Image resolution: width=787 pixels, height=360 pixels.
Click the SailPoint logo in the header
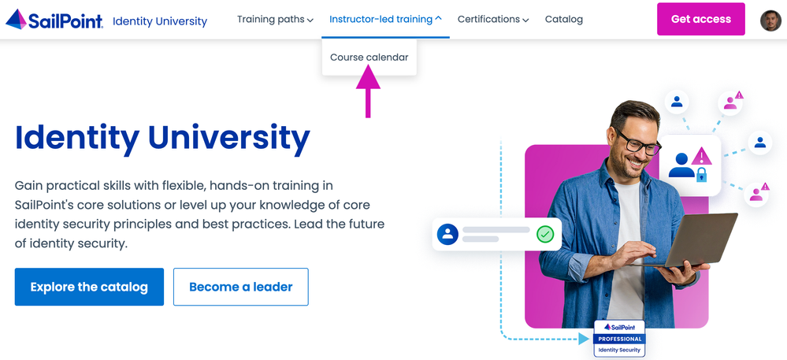click(54, 20)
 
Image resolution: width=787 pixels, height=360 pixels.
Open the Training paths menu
click(275, 20)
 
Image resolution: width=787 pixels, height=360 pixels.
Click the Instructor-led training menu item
click(385, 20)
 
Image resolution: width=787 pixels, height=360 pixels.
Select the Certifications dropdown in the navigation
click(493, 20)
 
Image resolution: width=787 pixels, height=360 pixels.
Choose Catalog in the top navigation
click(563, 20)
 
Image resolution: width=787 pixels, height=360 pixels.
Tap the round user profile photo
click(770, 20)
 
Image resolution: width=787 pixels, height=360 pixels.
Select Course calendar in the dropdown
click(369, 58)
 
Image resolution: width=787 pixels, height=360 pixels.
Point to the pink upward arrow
click(368, 92)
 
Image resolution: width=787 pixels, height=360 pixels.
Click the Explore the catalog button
click(89, 287)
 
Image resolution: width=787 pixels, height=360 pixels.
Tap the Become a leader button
click(241, 287)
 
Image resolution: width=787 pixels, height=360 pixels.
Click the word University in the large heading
click(229, 138)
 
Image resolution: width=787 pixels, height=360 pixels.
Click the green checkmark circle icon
click(545, 234)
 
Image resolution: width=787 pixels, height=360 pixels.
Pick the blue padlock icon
click(701, 174)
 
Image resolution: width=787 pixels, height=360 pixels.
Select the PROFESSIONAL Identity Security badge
click(619, 339)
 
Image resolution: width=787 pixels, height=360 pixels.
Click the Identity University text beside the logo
click(160, 21)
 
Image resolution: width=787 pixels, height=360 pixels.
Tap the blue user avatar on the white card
click(447, 234)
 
